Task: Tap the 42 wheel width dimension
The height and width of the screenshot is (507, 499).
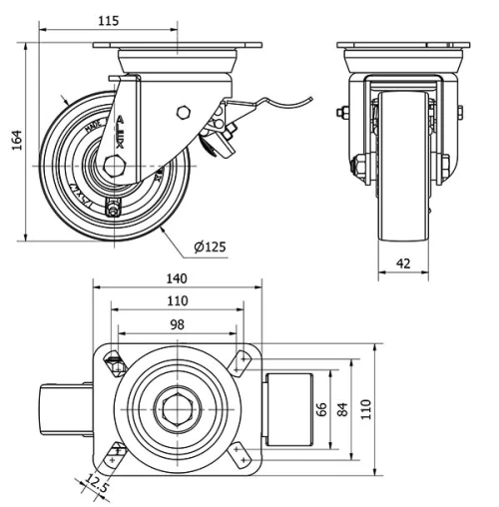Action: tap(403, 265)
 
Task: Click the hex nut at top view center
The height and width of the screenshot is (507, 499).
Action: tap(179, 407)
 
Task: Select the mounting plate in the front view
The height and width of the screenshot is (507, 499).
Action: tap(403, 50)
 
